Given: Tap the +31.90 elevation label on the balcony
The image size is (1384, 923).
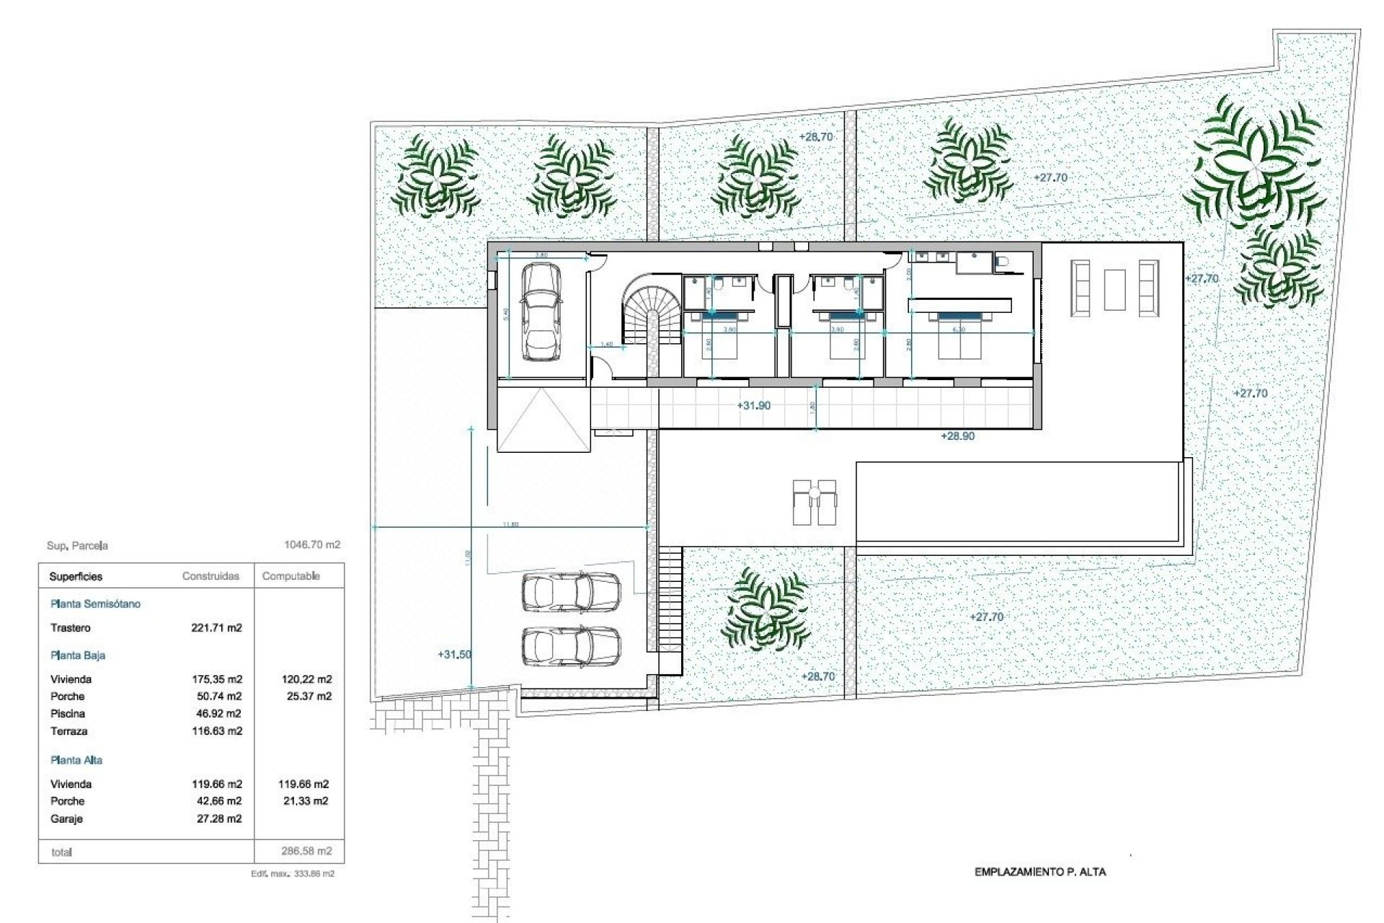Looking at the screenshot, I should [x=753, y=406].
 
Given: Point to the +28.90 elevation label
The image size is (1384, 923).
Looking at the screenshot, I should [x=957, y=436].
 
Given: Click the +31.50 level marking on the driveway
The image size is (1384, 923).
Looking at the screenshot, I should [x=454, y=655].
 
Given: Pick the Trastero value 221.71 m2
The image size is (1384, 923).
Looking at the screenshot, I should [x=216, y=628].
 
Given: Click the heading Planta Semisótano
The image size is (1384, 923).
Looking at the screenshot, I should [x=95, y=604].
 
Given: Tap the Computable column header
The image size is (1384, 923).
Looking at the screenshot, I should [x=290, y=576].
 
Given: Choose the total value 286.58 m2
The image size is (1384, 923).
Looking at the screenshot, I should [x=306, y=851].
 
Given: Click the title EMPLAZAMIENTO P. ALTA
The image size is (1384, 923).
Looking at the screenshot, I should [x=1039, y=872].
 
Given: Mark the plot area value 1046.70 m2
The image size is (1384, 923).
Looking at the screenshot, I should [x=312, y=545].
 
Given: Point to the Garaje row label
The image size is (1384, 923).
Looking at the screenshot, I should [x=66, y=819].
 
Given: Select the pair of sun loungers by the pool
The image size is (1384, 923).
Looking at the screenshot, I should [x=815, y=502].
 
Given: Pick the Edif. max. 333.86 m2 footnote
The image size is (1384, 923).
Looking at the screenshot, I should [x=292, y=874].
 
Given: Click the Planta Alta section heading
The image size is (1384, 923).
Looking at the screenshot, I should [x=76, y=760].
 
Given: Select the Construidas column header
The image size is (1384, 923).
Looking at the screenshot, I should [x=210, y=576].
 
